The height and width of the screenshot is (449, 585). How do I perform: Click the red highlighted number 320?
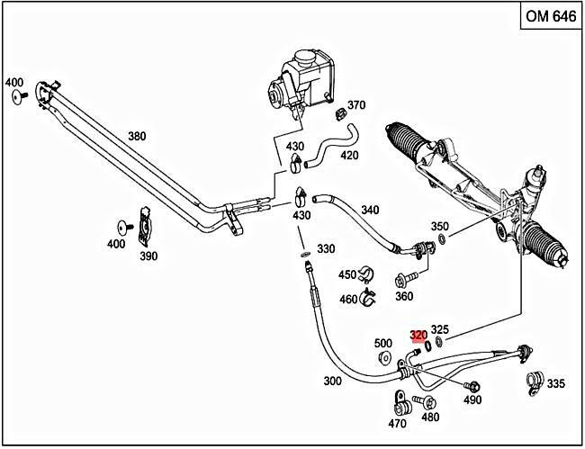click(418, 335)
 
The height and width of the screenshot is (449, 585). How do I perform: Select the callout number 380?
click(136, 137)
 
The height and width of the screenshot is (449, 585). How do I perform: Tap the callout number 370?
click(356, 105)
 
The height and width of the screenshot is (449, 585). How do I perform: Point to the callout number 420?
click(348, 155)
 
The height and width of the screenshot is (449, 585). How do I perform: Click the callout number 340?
click(370, 210)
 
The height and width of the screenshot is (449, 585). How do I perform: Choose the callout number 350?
click(439, 226)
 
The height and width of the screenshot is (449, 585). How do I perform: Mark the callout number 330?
click(326, 248)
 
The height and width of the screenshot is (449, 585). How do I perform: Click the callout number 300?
click(332, 381)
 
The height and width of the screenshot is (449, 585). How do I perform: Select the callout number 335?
click(555, 384)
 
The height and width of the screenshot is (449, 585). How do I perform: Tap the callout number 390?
click(148, 256)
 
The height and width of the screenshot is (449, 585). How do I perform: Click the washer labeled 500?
click(384, 360)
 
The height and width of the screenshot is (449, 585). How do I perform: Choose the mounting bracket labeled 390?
click(143, 228)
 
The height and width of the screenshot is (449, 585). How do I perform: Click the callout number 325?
click(440, 329)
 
